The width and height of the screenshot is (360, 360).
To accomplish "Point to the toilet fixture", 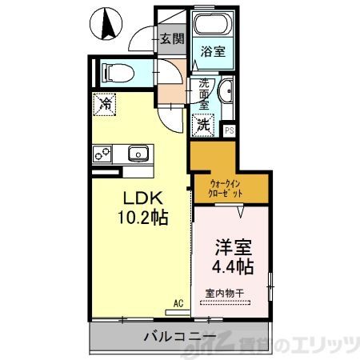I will click(117, 72).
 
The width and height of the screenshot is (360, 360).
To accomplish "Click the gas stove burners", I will click(103, 152).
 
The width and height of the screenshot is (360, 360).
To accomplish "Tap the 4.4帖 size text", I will click(232, 267).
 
